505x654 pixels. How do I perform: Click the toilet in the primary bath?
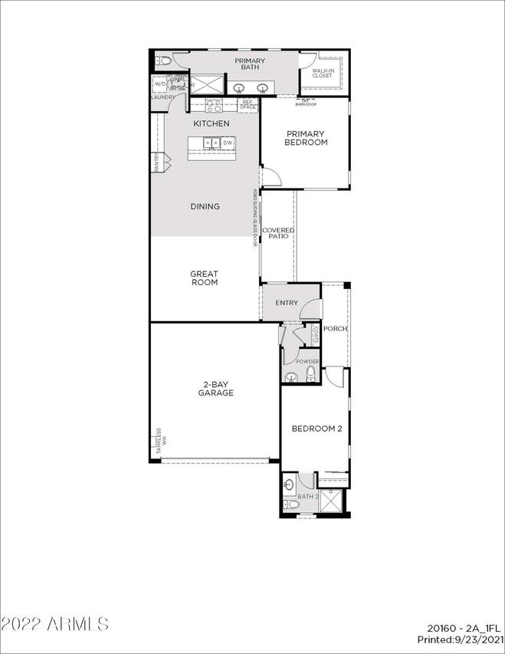[159, 61]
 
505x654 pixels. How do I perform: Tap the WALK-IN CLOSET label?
[322, 73]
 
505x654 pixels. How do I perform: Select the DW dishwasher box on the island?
[228, 143]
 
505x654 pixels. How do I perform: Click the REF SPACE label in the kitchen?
[247, 105]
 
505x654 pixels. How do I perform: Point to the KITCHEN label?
[211, 123]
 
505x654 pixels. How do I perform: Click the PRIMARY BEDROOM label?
[306, 138]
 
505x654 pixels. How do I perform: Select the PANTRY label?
[156, 162]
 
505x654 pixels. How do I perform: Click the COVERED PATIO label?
[278, 234]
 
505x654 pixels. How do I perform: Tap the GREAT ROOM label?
[204, 278]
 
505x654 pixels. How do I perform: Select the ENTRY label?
[286, 303]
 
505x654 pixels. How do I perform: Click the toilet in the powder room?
[310, 373]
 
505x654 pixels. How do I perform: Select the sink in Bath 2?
[288, 485]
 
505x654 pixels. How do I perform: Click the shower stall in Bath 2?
[332, 502]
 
